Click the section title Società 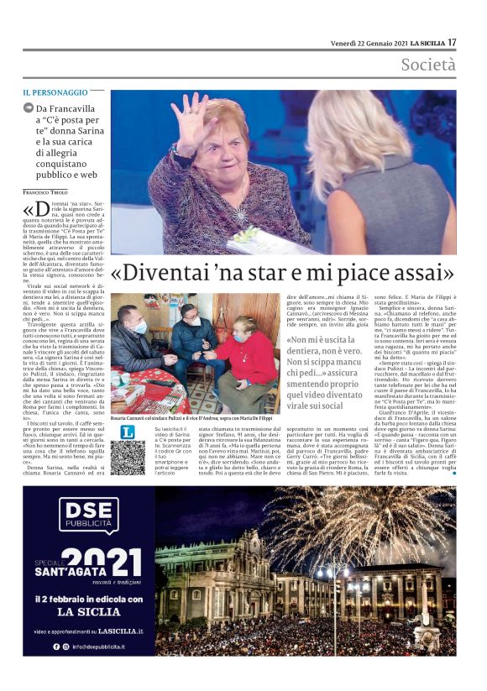coord(427,65)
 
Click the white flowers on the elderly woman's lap coord(251,236)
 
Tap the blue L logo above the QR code coord(128,432)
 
